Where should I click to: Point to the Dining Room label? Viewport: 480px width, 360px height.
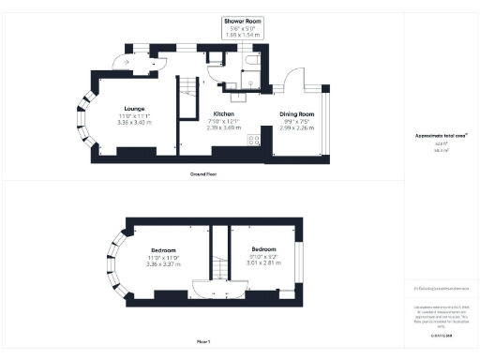pos(299,113)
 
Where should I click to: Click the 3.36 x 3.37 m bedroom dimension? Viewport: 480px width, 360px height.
pos(163,264)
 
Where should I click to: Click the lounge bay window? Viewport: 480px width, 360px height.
pos(90,121)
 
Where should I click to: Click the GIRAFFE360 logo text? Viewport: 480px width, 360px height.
pos(440,333)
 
